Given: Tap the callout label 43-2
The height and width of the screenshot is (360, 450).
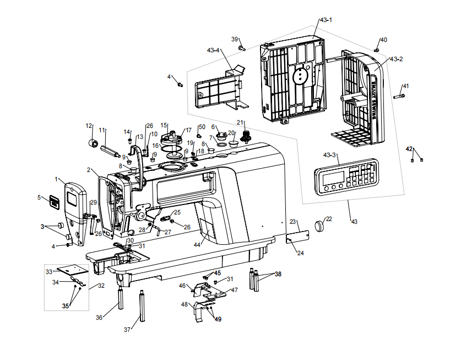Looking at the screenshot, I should [395, 59].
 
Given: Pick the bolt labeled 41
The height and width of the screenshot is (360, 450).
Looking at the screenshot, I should [399, 97].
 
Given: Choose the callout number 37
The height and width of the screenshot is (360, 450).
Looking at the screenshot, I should [127, 330].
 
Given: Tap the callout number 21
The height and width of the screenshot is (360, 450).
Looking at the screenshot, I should [240, 122].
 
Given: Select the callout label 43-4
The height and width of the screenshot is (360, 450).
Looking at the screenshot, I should [213, 50].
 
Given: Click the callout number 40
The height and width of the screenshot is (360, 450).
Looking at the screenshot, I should [384, 40].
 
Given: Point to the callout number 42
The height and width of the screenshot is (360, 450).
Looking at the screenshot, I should [409, 149].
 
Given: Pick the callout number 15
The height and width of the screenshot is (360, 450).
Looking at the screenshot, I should [164, 125].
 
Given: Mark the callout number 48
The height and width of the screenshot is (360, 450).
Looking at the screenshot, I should [185, 304].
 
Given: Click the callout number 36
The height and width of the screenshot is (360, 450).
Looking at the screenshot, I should [99, 318].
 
